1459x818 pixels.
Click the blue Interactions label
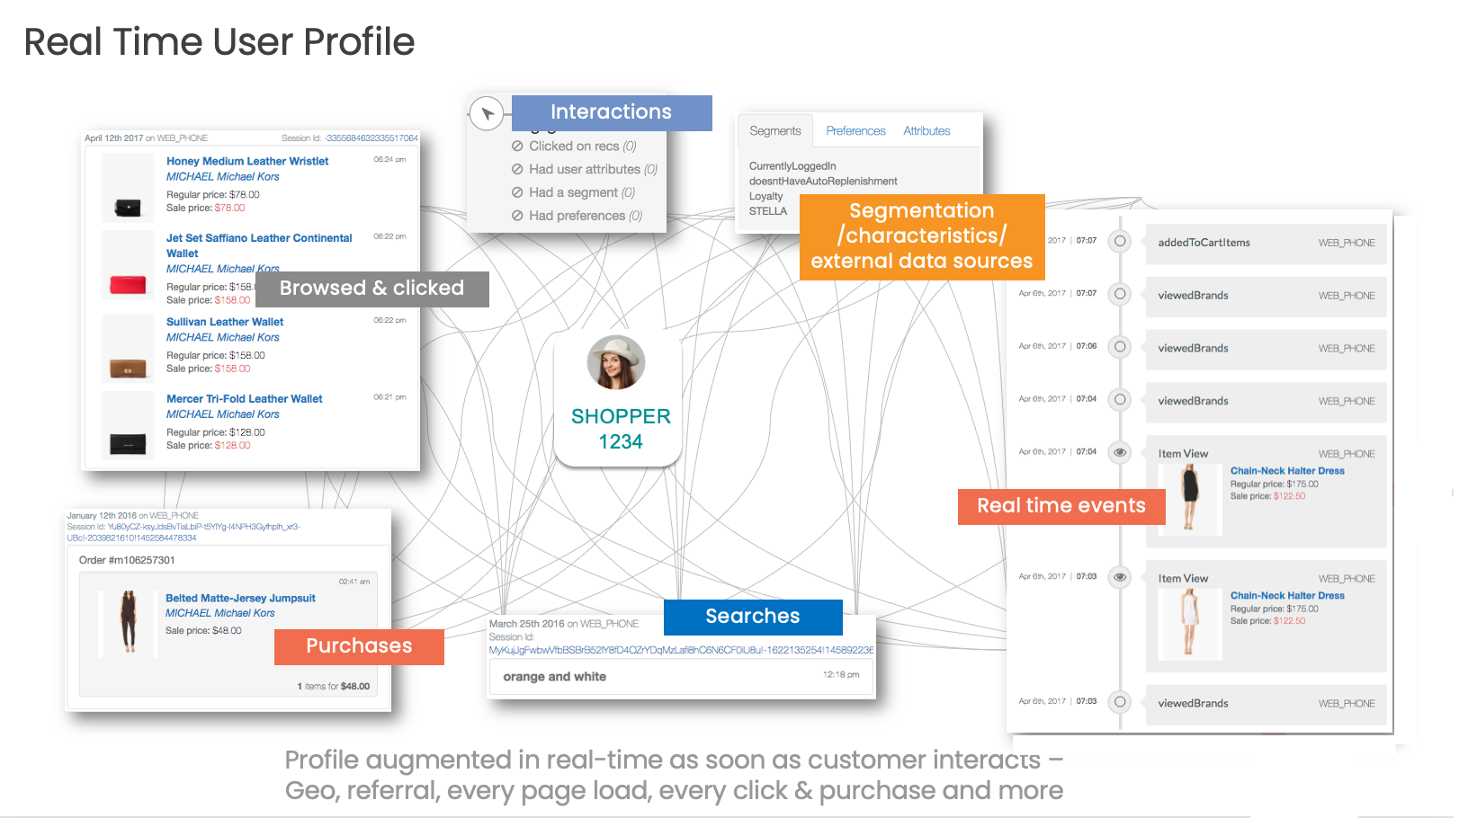click(611, 112)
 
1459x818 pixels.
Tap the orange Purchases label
click(359, 646)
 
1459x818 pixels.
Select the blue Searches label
click(752, 617)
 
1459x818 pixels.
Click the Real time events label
click(1061, 506)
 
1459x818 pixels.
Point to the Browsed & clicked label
click(371, 289)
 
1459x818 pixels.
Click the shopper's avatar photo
click(616, 362)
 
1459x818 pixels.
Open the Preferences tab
click(855, 131)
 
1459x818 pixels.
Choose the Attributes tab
click(926, 131)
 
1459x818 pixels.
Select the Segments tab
click(774, 131)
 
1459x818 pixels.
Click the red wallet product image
click(128, 285)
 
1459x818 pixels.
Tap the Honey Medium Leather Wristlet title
click(247, 162)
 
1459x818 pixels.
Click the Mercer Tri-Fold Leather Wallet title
click(244, 399)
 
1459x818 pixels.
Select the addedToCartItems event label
click(1204, 243)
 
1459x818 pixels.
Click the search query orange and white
click(554, 677)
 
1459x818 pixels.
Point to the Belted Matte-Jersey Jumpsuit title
click(240, 599)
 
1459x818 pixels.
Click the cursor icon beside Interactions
click(487, 114)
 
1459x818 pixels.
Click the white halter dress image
click(1189, 621)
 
